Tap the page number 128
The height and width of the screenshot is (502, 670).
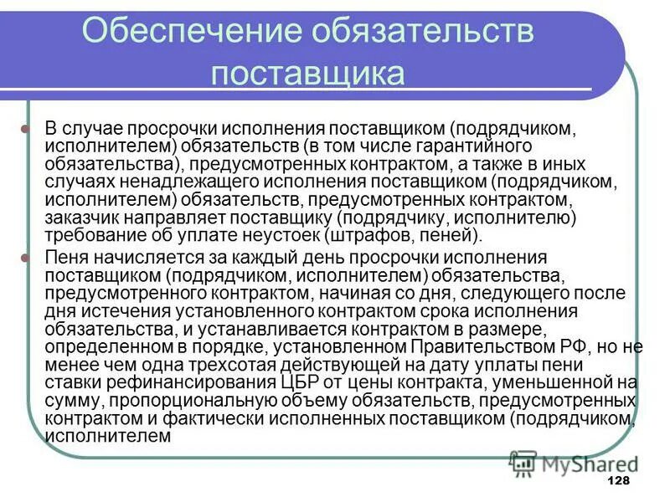617,480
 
